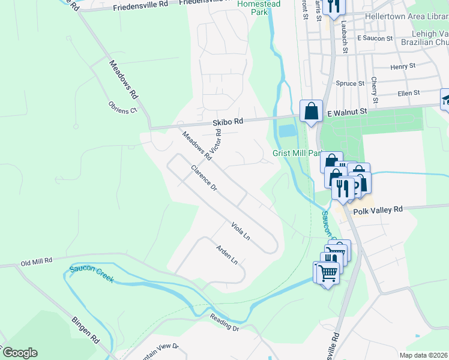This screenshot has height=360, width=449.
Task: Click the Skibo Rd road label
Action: pos(228,121)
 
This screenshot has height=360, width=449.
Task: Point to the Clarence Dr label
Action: pos(204,178)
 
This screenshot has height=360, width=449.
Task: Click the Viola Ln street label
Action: pos(240,231)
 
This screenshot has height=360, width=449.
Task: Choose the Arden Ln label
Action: pos(227,254)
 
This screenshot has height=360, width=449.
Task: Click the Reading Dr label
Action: pos(224,325)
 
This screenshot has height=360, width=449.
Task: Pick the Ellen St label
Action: pos(408,93)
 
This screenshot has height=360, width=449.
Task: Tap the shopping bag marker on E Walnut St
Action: pos(310,111)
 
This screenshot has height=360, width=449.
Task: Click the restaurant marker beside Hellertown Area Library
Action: pos(332,7)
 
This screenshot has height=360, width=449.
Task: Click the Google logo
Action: pos(19,353)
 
